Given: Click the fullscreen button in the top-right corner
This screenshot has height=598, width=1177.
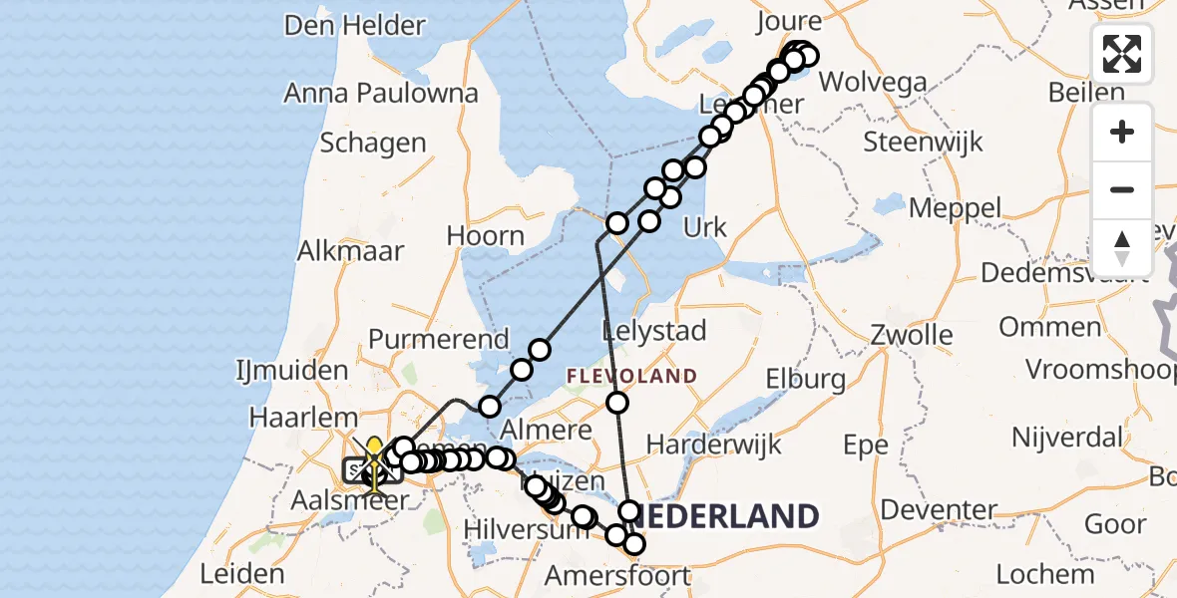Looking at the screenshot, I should point(1122,54).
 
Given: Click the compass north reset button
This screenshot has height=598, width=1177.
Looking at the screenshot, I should point(1122,247).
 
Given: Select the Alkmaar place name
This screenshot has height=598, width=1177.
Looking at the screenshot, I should point(350,250).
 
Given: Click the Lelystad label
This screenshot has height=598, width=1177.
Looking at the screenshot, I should point(654,331).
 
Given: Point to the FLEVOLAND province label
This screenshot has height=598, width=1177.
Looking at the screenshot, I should point(632,376).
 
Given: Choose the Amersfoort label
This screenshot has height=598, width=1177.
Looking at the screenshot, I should point(617,576).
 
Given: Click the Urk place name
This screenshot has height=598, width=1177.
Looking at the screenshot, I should point(705,228).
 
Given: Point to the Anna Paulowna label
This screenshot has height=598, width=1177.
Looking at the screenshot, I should point(381,94).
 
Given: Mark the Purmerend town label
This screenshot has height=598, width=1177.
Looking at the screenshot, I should point(439,340).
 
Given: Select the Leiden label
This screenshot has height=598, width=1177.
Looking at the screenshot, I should point(242,574).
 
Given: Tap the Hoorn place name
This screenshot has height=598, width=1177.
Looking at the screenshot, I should point(486,236).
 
